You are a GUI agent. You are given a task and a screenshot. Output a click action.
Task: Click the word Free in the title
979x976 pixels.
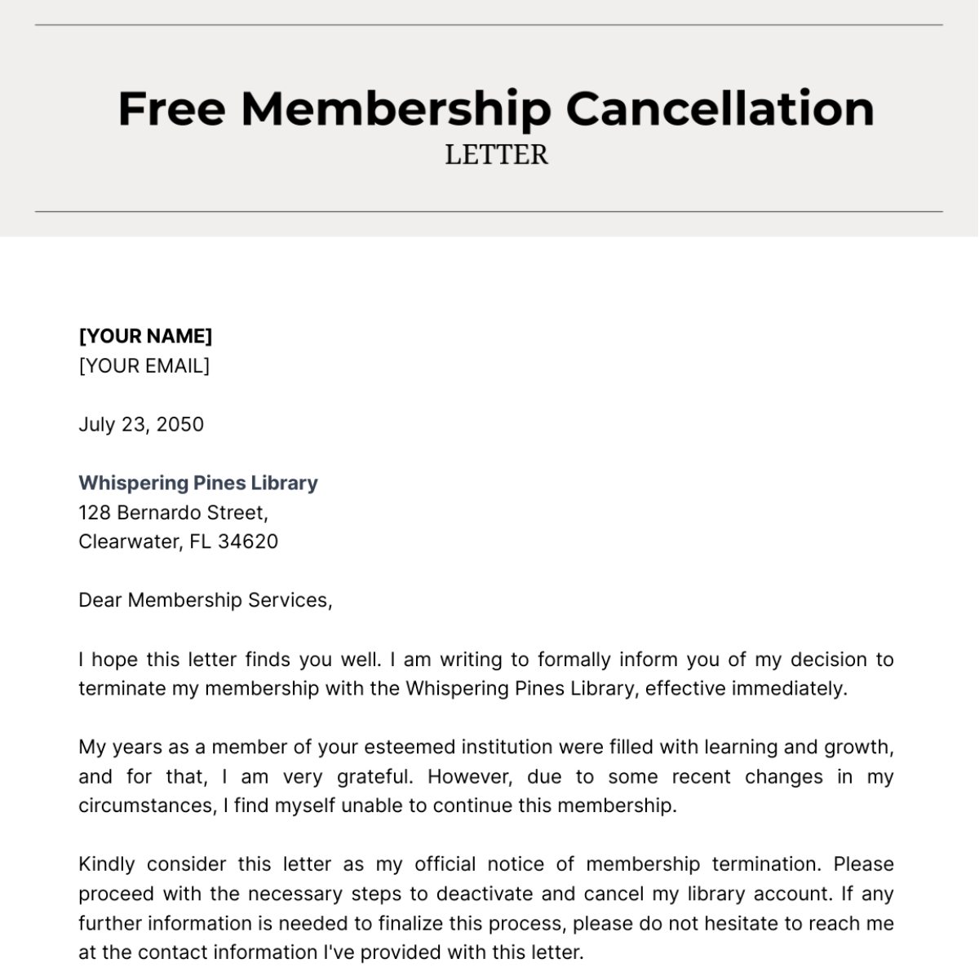pos(171,108)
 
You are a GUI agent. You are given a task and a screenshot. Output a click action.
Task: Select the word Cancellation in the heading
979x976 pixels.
pos(720,108)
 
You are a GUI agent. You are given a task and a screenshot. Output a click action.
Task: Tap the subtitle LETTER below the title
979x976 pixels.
pos(496,155)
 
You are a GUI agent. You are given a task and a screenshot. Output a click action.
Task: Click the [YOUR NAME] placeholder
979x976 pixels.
pos(145,336)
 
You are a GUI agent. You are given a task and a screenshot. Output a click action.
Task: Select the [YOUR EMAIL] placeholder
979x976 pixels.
pos(144,365)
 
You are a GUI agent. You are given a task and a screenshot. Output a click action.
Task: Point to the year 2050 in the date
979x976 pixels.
pos(179,424)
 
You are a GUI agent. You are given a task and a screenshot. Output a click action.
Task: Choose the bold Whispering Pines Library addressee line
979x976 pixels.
pos(198,483)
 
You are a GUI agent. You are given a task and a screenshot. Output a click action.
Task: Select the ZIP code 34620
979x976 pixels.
pos(248,541)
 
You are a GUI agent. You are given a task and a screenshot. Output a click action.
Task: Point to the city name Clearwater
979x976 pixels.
pos(127,541)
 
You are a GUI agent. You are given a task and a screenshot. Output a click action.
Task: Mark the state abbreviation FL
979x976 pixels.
pos(201,541)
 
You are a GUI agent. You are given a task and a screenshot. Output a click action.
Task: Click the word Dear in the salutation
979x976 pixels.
pos(100,600)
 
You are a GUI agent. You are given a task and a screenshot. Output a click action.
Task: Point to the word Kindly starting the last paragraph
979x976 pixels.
pos(106,864)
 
